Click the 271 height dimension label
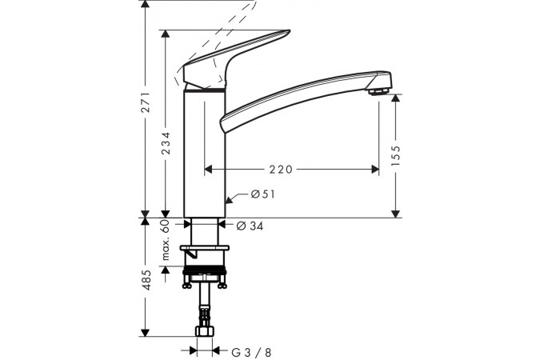(x=146, y=102)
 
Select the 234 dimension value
(x=166, y=143)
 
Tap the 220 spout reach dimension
(x=281, y=169)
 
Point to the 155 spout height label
(x=396, y=156)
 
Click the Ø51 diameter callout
(x=263, y=194)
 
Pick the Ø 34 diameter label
(x=250, y=226)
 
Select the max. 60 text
(x=166, y=240)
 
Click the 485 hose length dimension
(x=146, y=280)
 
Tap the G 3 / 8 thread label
(x=251, y=353)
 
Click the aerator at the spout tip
(x=378, y=91)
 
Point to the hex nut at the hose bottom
(x=204, y=331)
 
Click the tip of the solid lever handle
(x=290, y=31)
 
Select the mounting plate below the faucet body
(x=205, y=248)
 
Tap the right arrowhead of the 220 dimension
(x=374, y=169)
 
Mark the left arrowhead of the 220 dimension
(x=209, y=169)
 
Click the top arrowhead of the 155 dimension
(x=396, y=98)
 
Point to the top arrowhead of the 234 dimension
(x=166, y=34)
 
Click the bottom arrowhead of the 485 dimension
(x=146, y=333)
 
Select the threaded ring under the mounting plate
(x=205, y=270)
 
